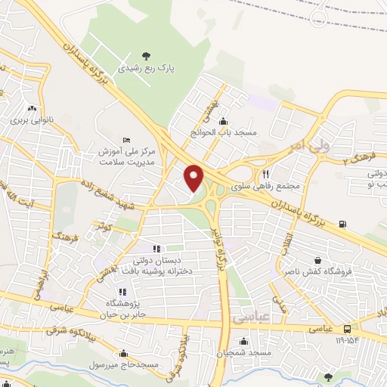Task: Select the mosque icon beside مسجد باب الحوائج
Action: tap(222, 122)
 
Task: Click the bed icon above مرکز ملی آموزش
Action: tap(126, 140)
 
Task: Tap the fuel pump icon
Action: tap(344, 223)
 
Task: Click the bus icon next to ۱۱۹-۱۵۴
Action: tap(347, 329)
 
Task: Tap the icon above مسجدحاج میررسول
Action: tap(123, 352)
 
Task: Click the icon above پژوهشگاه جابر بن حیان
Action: tap(122, 292)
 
